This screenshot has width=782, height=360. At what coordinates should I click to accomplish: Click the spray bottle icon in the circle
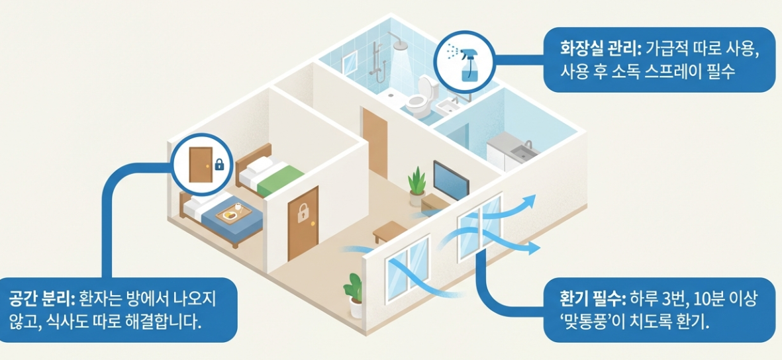pos(467,61)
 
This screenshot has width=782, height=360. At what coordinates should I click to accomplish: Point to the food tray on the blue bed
pos(232,213)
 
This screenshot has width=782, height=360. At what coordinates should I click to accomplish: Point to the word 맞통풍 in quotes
pos(589,324)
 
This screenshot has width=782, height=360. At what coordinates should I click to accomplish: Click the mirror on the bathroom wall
pos(349,62)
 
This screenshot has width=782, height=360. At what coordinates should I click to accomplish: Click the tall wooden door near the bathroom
pos(375,142)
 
